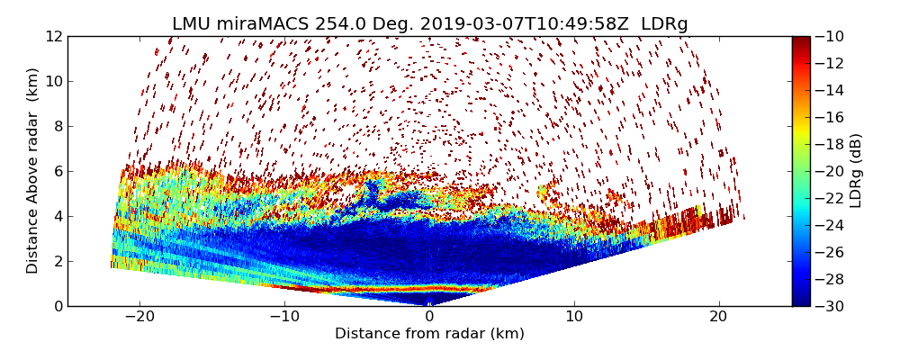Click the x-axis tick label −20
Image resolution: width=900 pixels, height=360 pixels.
click(x=139, y=317)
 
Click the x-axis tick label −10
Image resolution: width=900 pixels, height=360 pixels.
click(x=284, y=317)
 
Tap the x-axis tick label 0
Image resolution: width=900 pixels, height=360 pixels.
click(x=429, y=317)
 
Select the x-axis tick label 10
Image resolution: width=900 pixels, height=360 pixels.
click(x=574, y=317)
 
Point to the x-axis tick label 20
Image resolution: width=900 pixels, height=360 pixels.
click(x=718, y=317)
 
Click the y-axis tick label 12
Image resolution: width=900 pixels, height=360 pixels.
click(x=53, y=36)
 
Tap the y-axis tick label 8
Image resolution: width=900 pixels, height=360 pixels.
click(x=57, y=126)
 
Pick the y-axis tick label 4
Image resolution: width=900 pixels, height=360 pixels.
click(x=57, y=216)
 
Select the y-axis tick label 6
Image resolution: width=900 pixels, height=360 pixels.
click(x=57, y=171)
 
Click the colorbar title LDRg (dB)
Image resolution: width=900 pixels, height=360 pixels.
click(x=856, y=171)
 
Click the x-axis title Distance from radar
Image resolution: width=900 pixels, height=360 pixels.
click(x=429, y=334)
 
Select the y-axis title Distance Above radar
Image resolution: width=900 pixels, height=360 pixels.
click(x=33, y=171)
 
